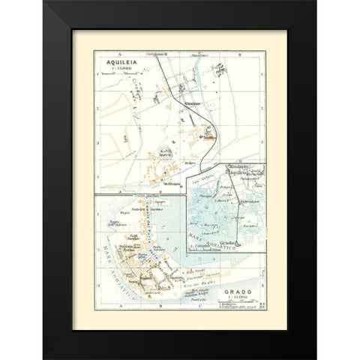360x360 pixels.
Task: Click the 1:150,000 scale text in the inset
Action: pyautogui.click(x=198, y=244)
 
